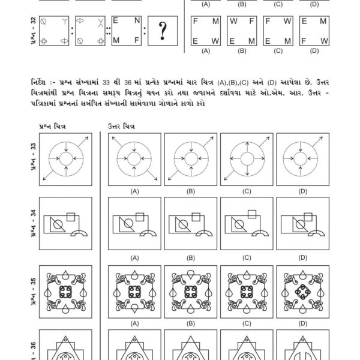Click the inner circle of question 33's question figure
click(66, 158)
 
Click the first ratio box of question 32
click(54, 31)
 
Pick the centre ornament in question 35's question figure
click(66, 291)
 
